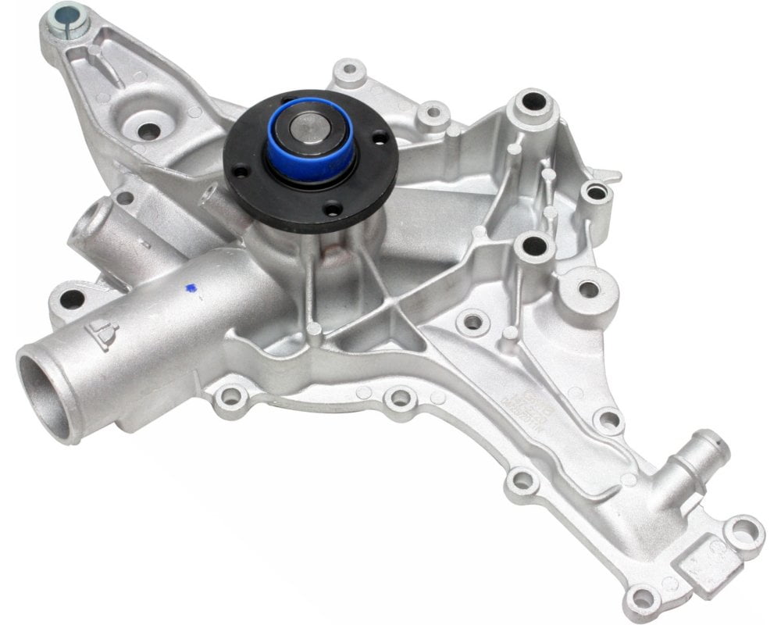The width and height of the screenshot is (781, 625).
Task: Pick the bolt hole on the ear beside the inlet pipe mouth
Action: click(x=71, y=298)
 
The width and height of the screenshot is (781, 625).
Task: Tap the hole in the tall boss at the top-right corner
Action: click(x=533, y=102)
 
